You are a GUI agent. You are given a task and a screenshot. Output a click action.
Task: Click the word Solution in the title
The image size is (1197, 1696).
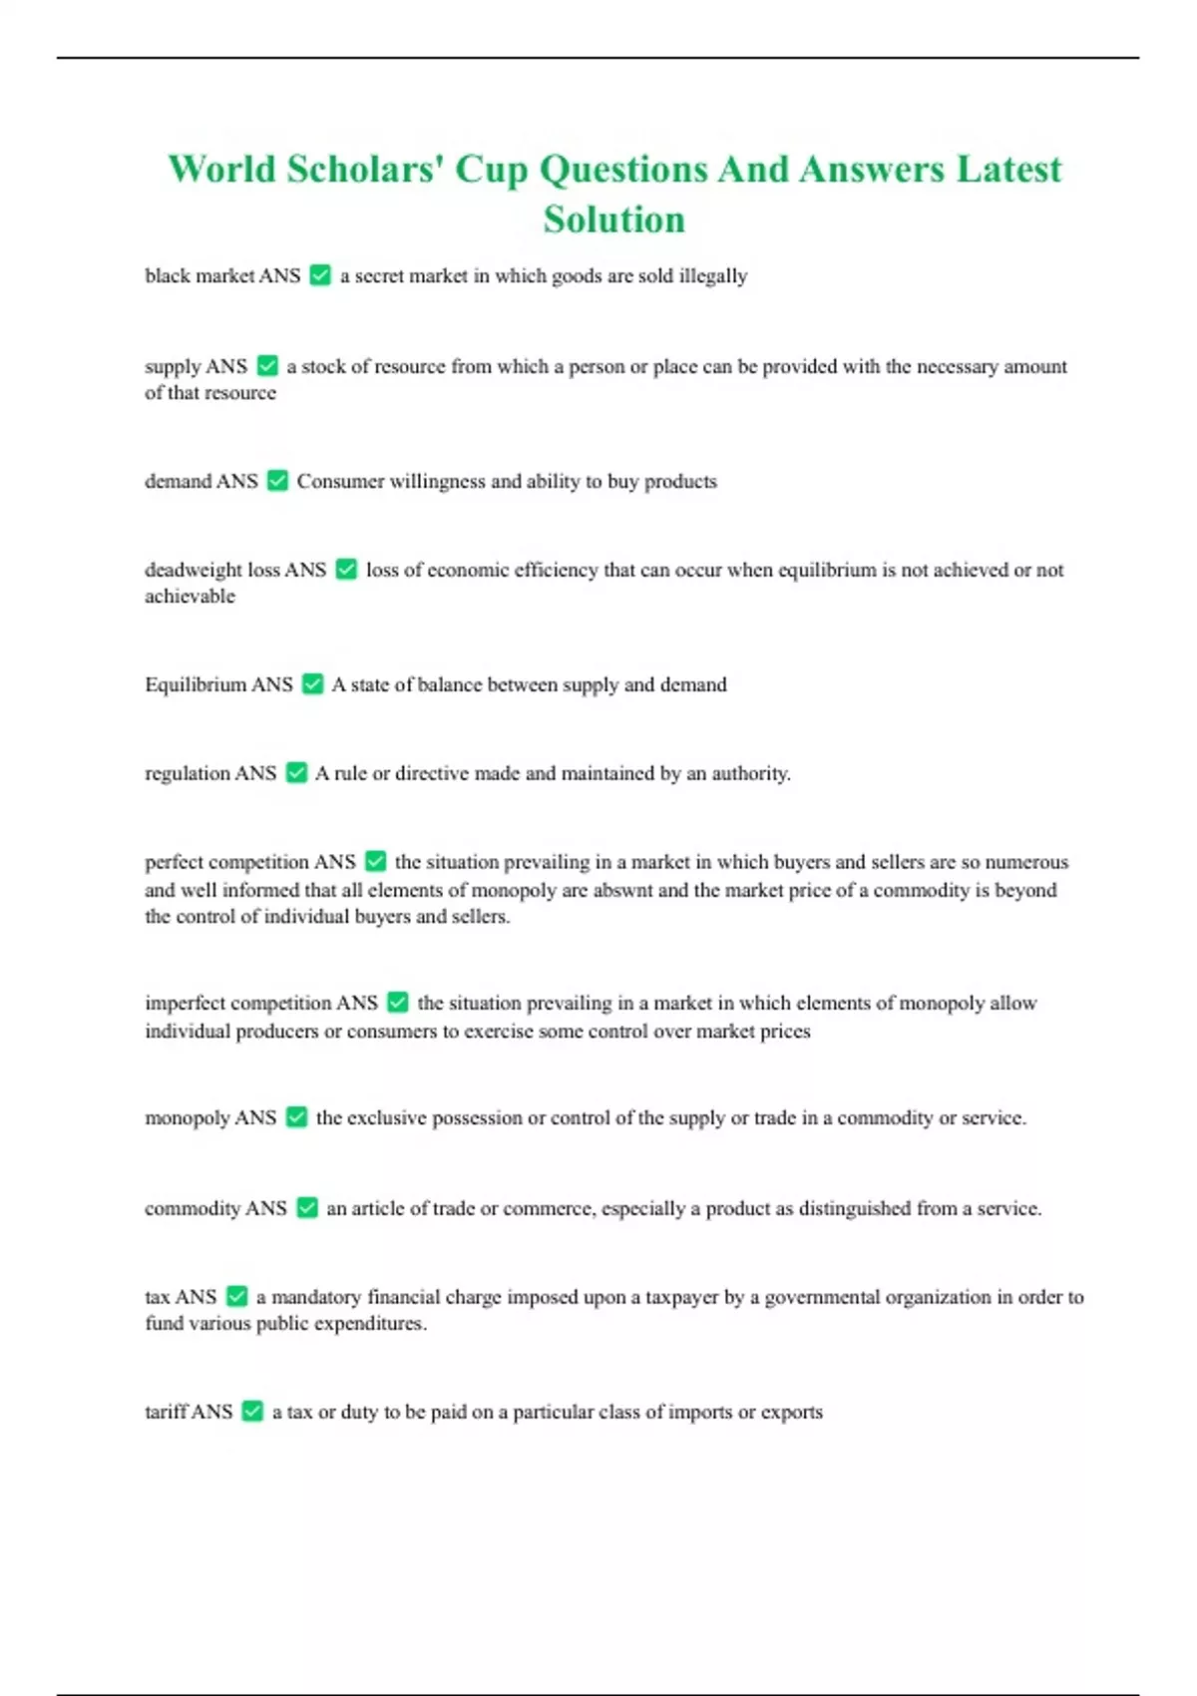click(x=613, y=219)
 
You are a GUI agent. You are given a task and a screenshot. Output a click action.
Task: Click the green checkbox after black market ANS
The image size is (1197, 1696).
click(x=320, y=275)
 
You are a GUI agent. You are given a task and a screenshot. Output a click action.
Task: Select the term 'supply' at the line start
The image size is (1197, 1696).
click(x=173, y=367)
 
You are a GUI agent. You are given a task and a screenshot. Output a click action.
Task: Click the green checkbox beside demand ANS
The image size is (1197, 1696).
click(x=277, y=481)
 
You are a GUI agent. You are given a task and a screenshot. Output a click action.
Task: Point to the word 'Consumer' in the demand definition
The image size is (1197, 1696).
click(x=338, y=481)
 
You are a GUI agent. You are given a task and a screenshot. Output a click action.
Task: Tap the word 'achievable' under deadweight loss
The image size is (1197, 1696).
click(x=190, y=597)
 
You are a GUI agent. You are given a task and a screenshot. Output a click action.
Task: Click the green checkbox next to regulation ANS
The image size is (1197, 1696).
click(x=296, y=773)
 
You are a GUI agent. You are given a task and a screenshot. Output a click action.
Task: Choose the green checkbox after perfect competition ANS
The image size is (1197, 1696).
click(x=375, y=861)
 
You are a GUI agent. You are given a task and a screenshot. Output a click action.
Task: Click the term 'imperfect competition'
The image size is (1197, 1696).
click(x=237, y=1003)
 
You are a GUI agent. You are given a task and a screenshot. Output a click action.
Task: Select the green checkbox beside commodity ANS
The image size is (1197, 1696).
click(x=307, y=1208)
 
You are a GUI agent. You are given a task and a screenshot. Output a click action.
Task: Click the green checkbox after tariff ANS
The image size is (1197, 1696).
click(x=252, y=1412)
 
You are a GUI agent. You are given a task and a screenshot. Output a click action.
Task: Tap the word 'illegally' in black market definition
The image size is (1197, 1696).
click(x=712, y=275)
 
